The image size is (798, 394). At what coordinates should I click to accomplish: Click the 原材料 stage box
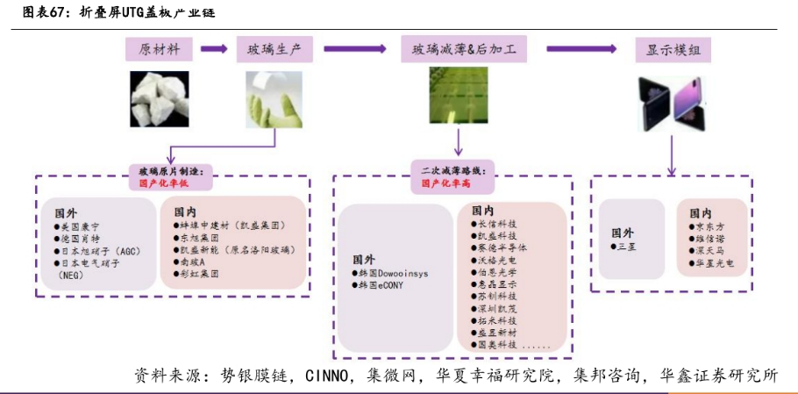click(x=159, y=49)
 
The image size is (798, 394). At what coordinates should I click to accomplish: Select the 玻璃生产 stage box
click(x=274, y=49)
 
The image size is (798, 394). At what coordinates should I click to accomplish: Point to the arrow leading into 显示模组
click(x=582, y=49)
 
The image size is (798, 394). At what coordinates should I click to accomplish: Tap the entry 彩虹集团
click(x=197, y=274)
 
